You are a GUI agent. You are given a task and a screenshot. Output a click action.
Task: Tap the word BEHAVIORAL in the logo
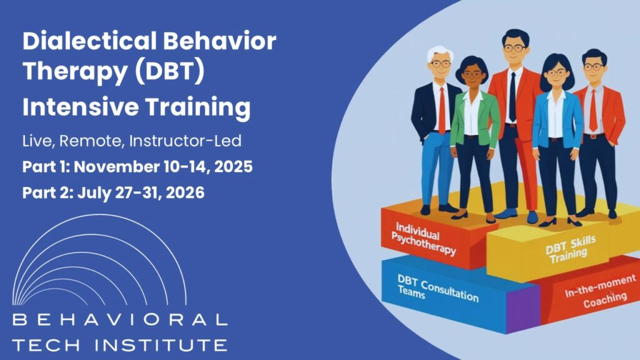click(x=119, y=320)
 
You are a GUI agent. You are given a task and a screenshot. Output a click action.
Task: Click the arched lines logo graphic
click(x=100, y=262)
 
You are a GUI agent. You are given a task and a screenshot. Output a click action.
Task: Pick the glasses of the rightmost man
click(x=594, y=67)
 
